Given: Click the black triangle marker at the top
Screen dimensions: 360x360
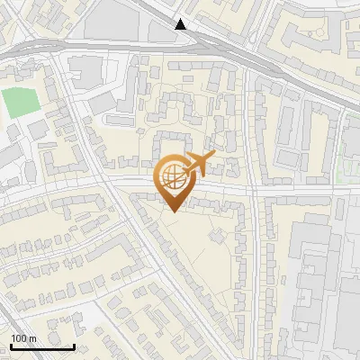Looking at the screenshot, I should click(x=182, y=24).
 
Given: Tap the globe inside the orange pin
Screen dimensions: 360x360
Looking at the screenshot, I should click(x=173, y=177).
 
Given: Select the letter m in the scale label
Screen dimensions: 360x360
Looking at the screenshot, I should click(x=32, y=338).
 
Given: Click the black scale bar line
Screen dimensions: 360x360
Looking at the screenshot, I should click(x=42, y=346).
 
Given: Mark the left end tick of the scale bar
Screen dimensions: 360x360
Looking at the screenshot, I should click(x=11, y=345).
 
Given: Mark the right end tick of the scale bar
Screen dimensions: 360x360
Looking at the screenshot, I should click(x=74, y=345).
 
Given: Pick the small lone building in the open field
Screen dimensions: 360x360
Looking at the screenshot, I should click(x=217, y=236).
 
